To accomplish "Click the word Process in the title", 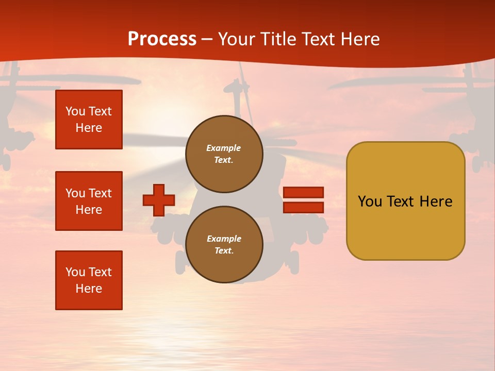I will click(x=162, y=39).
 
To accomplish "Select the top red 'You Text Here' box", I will click(x=89, y=120).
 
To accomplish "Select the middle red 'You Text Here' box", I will click(x=89, y=201).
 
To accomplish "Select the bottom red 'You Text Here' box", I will click(x=89, y=280).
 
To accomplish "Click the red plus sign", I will click(x=159, y=200).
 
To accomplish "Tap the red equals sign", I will click(x=303, y=200).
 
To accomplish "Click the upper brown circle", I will click(x=224, y=154).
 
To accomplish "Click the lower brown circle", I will click(x=224, y=245).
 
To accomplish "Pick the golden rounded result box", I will click(x=405, y=201).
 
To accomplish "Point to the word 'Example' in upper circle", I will click(x=223, y=148).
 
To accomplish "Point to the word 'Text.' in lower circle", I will click(x=224, y=251).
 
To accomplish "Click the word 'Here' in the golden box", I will click(x=436, y=201).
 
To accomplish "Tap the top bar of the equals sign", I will click(x=303, y=192).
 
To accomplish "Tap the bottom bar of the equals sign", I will click(x=303, y=208).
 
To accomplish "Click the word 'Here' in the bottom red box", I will click(x=89, y=289).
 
